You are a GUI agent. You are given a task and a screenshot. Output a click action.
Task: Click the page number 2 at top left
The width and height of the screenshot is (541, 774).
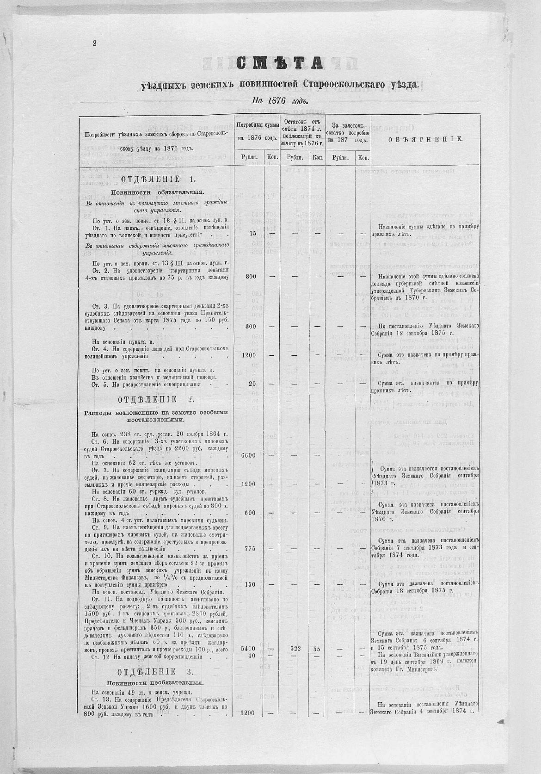coord(94,43)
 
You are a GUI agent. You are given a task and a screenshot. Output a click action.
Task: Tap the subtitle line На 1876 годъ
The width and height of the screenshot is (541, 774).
coord(279,100)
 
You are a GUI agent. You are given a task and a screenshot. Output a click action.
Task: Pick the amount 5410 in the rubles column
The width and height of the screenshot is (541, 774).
coord(248,649)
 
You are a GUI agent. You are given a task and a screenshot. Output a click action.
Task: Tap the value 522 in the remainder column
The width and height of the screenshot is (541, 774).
coord(295,649)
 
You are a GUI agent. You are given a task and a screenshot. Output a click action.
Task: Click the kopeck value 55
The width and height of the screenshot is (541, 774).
coord(317,649)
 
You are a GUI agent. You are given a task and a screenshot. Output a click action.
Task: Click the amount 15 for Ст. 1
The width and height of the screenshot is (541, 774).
coord(252,233)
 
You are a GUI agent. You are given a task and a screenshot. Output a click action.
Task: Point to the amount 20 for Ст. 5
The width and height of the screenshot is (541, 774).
coord(252,384)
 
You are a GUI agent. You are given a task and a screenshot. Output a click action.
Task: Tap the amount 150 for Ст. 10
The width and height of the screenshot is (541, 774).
coord(250,584)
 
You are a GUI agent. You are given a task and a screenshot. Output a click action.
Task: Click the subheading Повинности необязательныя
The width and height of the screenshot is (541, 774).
coord(156,682)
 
